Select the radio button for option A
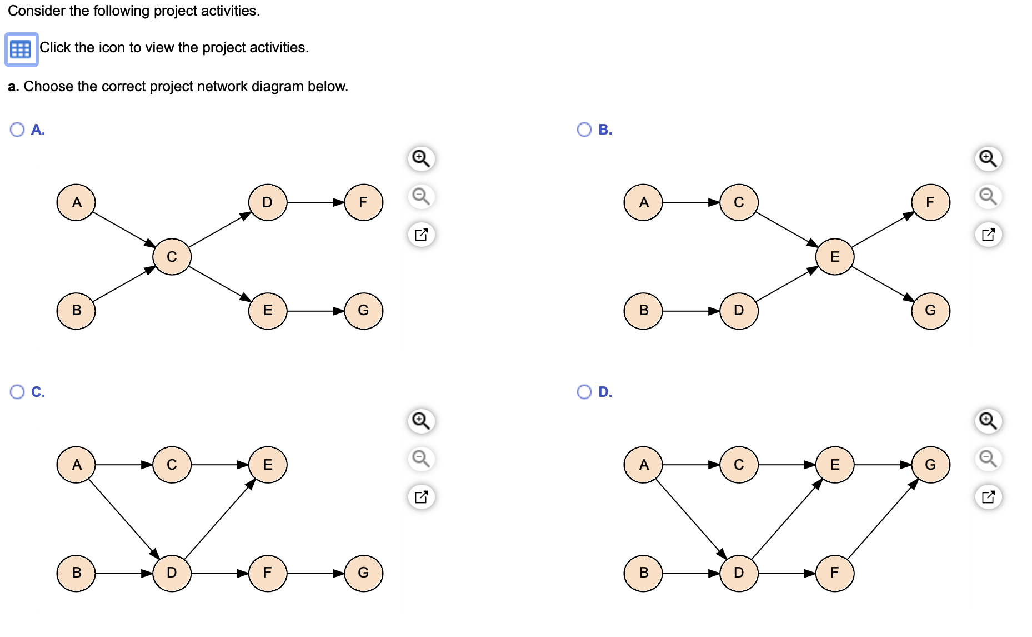17,130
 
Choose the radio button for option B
584,130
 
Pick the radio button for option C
17,392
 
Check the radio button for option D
584,392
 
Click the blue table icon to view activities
21,49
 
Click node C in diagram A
172,257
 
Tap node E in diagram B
834,257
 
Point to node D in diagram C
172,573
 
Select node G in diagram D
930,465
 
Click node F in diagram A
363,202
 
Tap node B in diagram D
643,573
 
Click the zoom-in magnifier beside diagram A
421,158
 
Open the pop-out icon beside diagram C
421,496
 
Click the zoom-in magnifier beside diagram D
988,421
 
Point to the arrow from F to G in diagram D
882,519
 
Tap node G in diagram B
930,310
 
